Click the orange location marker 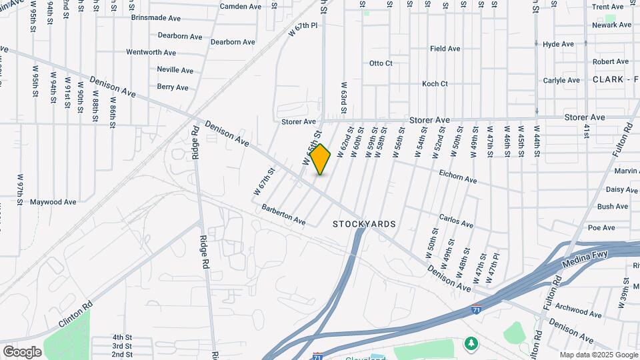(x=321, y=159)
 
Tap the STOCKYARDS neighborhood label (x=364, y=225)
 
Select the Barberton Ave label (x=283, y=215)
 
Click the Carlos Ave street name (x=457, y=220)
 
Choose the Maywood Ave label (x=53, y=202)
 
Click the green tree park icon (x=472, y=343)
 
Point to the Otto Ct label (x=381, y=63)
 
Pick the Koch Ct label (x=435, y=84)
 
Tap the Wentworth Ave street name (x=151, y=52)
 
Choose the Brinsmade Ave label (x=156, y=19)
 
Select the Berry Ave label (x=173, y=87)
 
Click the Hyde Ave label (x=558, y=45)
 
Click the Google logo (x=22, y=351)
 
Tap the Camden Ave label (x=241, y=7)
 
